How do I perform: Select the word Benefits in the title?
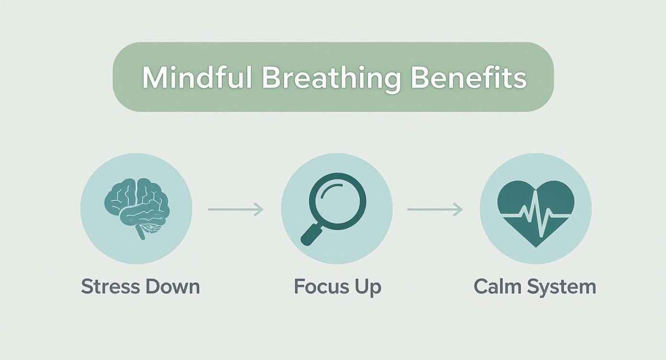click(469, 78)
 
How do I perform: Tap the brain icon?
click(136, 205)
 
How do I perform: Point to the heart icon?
click(535, 211)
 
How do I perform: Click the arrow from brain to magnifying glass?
click(235, 209)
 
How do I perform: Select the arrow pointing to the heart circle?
click(434, 209)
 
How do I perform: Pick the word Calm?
click(497, 287)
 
